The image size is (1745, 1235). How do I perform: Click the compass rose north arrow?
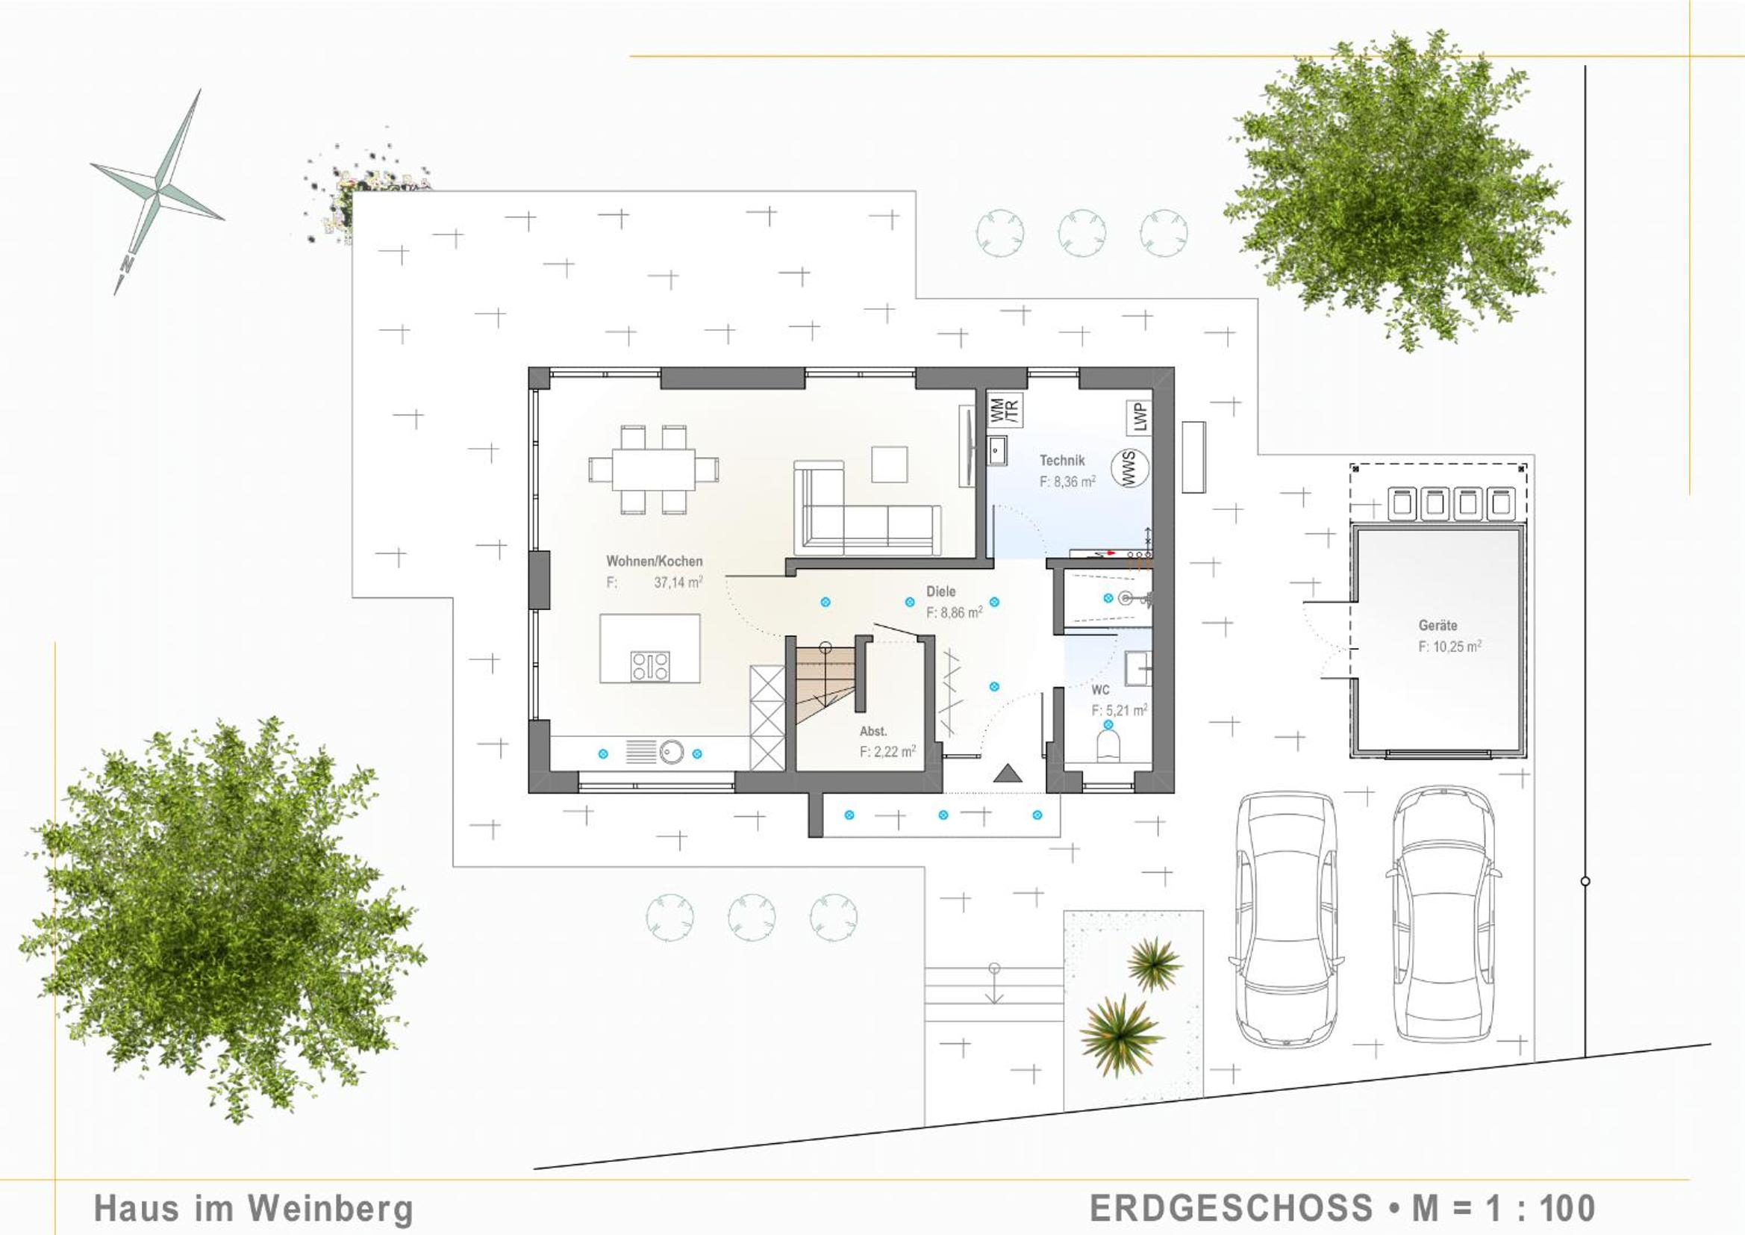(x=157, y=192)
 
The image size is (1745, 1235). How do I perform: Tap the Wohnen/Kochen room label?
(x=655, y=561)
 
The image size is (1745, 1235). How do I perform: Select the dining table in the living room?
(x=654, y=470)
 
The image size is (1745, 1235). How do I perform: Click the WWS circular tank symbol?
(x=1129, y=467)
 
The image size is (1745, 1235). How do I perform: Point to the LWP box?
(x=1138, y=417)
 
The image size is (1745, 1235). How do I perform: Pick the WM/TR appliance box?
(x=1005, y=409)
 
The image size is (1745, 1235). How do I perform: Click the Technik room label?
(x=1062, y=460)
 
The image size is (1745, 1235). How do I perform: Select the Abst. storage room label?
(x=873, y=732)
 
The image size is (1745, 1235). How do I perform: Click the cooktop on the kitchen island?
(x=651, y=666)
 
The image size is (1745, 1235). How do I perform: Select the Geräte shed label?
(x=1438, y=625)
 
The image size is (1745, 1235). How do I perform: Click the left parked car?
(x=1287, y=920)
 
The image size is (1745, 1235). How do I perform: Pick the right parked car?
(x=1444, y=915)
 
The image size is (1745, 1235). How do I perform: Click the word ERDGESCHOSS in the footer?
(x=1232, y=1207)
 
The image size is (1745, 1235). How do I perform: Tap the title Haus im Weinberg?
(x=254, y=1208)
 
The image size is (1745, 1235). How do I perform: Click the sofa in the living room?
(x=867, y=507)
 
